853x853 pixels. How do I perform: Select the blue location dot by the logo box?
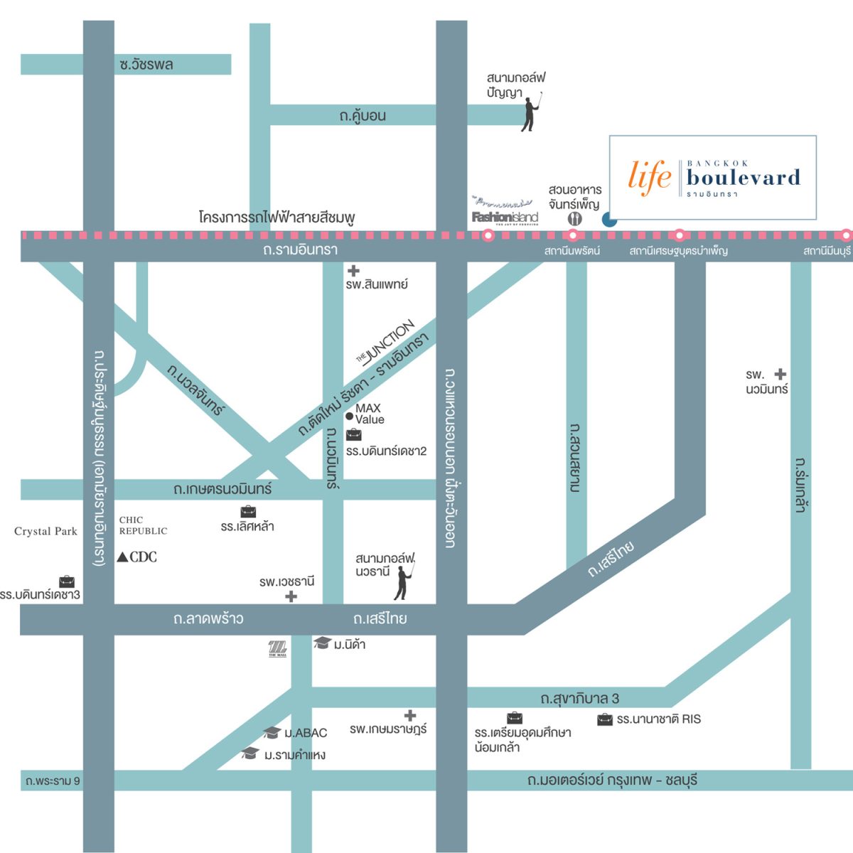coord(609,220)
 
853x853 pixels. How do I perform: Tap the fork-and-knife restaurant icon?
coord(575,219)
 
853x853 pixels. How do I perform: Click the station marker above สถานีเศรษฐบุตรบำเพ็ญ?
coord(680,235)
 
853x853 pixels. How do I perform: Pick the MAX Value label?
coord(369,414)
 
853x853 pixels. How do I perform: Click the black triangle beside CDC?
coord(123,557)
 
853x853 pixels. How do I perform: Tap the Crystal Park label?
coord(45,531)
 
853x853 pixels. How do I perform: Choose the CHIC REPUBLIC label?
coord(143,525)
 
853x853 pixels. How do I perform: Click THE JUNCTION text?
coord(386,342)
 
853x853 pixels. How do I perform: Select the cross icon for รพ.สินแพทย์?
coord(353,271)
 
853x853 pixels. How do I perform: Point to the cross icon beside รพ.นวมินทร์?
coord(780,374)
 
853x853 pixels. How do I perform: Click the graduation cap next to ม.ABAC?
coord(272,733)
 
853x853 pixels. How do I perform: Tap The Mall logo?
coord(277,648)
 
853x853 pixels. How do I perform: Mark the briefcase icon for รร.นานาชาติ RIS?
coord(605,719)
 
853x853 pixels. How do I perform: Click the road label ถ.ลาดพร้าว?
coord(208,619)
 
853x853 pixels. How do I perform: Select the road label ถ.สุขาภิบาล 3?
coord(579,699)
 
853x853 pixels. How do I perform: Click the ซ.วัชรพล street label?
coord(146,65)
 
